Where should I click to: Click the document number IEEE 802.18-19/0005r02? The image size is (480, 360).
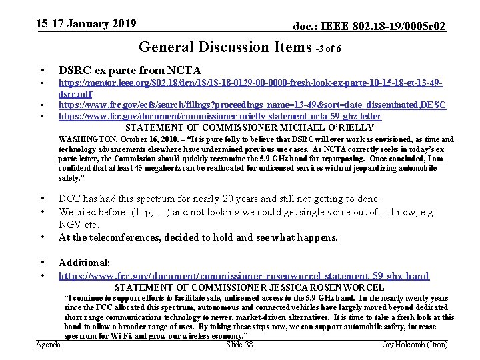(x=370, y=26)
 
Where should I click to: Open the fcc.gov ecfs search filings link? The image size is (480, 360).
(x=252, y=105)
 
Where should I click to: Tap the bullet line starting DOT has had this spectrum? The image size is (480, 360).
(x=219, y=199)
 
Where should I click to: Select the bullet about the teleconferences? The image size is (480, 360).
(x=198, y=237)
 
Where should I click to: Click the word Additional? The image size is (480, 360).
(x=84, y=263)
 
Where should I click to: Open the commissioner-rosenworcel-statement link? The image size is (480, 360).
(x=244, y=275)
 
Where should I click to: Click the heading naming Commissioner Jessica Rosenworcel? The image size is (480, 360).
(x=249, y=287)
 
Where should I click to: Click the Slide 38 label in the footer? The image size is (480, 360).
(x=239, y=345)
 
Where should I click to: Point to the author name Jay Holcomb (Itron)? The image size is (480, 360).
(x=415, y=345)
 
